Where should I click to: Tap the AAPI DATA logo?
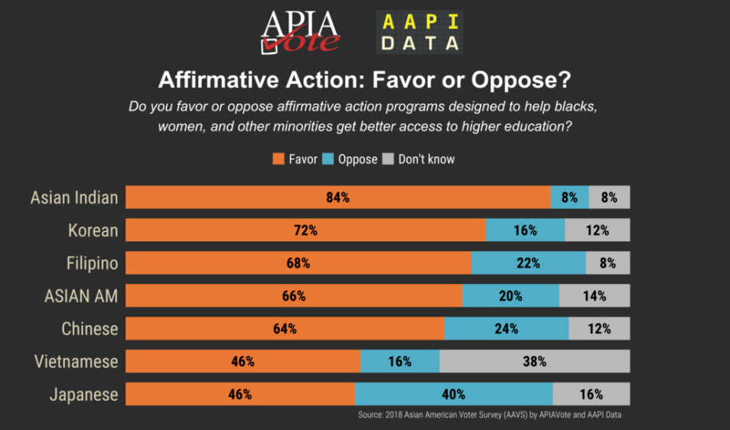tap(420, 31)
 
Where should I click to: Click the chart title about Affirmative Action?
tap(365, 80)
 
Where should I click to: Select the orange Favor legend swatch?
tap(278, 159)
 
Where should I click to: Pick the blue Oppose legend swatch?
tap(328, 159)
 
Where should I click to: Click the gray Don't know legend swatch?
tap(387, 159)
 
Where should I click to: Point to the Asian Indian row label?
tap(74, 197)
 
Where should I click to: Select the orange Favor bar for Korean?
tap(305, 230)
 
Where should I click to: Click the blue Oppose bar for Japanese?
tap(453, 395)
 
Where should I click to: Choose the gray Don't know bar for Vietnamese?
tap(534, 362)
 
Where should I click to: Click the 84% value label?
tap(337, 197)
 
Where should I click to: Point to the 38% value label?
tap(534, 362)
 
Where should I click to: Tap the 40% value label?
tap(453, 395)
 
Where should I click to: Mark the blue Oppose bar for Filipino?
tap(528, 263)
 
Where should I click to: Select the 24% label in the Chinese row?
tap(507, 329)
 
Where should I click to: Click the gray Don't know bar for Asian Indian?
tap(609, 197)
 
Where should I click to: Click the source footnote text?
tap(494, 415)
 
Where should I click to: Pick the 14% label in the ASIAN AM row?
tap(595, 296)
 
